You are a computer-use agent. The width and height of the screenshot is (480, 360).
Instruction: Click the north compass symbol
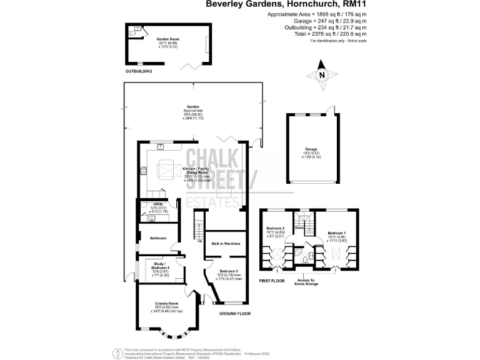point(322,72)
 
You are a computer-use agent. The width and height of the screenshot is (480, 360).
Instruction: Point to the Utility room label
point(157,204)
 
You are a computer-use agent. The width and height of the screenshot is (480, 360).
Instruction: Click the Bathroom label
point(157,238)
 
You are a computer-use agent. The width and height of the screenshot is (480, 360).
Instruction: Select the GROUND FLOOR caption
point(236,313)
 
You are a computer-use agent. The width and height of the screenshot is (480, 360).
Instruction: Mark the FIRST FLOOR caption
point(271,281)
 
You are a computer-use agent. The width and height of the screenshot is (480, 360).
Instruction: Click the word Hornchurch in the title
point(311,4)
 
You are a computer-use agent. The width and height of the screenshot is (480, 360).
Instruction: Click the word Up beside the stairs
point(200,241)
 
